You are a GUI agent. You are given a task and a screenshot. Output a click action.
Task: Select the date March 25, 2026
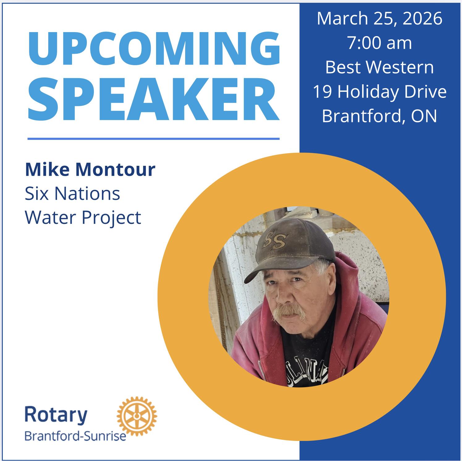click(379, 19)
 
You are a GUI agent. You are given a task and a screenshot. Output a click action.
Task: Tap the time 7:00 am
click(379, 43)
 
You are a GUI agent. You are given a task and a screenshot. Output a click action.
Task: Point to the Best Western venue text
click(379, 67)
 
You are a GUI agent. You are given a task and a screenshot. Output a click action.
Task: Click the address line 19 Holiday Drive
click(379, 92)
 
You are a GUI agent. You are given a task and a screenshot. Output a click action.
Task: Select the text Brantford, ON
click(379, 116)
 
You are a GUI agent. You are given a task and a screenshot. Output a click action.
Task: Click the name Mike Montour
click(90, 170)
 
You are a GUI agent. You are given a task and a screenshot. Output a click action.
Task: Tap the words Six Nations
click(72, 194)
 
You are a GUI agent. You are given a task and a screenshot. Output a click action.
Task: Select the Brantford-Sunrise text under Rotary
click(75, 437)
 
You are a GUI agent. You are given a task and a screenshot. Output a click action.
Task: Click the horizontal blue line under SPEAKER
click(154, 139)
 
